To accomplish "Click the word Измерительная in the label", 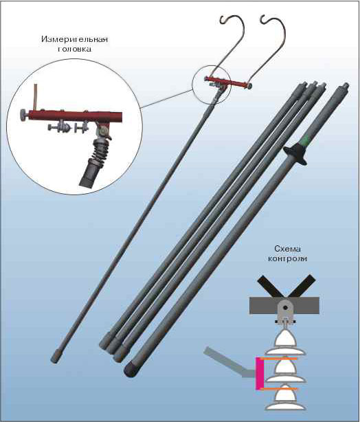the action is [74, 39].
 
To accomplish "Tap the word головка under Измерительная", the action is [74, 49].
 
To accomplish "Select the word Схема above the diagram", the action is [287, 249].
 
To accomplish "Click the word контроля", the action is [287, 259].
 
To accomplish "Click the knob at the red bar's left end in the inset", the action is [24, 115].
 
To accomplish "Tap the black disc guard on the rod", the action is [295, 153].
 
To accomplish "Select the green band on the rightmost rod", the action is [306, 141].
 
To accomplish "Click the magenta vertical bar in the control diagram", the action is [260, 373].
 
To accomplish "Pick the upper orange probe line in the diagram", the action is [278, 359].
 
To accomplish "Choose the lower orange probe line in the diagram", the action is [280, 389].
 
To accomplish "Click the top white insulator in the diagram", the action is [285, 342].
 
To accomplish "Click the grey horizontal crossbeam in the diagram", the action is [284, 305].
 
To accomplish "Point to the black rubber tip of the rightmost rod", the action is [131, 369].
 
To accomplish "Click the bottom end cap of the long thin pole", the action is [56, 357].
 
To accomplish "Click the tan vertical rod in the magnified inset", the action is [36, 97].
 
